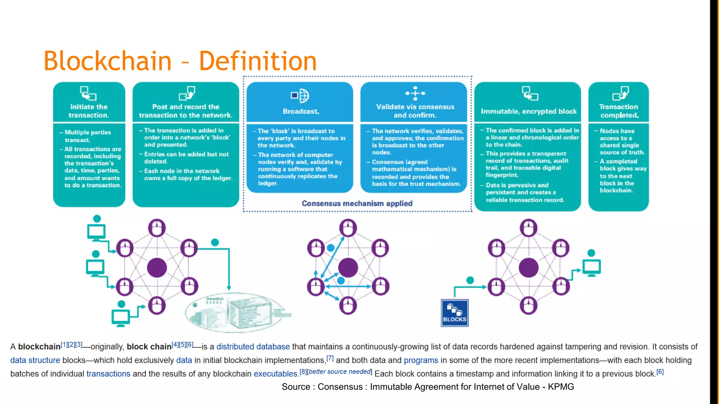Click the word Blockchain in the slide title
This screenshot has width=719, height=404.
click(x=107, y=61)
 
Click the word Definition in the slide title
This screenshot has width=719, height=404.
click(x=258, y=61)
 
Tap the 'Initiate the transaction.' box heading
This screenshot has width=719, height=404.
click(x=89, y=111)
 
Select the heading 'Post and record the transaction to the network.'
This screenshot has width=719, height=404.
click(x=186, y=111)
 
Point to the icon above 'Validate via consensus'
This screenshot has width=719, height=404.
click(x=415, y=93)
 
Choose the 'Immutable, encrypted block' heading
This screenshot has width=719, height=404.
click(x=528, y=111)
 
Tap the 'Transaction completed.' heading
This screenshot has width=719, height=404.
click(x=619, y=111)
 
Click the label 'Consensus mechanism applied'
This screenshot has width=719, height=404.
click(x=357, y=203)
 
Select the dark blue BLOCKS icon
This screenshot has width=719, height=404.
click(x=455, y=313)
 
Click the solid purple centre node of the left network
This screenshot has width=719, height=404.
click(x=157, y=268)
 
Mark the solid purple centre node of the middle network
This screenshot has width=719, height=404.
click(x=348, y=268)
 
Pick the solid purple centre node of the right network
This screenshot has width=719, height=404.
click(x=528, y=268)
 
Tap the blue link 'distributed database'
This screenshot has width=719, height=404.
click(x=253, y=347)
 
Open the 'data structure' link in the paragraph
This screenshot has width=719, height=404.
click(x=35, y=361)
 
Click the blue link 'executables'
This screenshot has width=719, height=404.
click(x=276, y=374)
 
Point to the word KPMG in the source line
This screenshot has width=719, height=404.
click(x=561, y=387)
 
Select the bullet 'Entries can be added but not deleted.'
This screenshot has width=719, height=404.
click(x=186, y=158)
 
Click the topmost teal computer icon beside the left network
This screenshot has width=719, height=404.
click(x=96, y=231)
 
